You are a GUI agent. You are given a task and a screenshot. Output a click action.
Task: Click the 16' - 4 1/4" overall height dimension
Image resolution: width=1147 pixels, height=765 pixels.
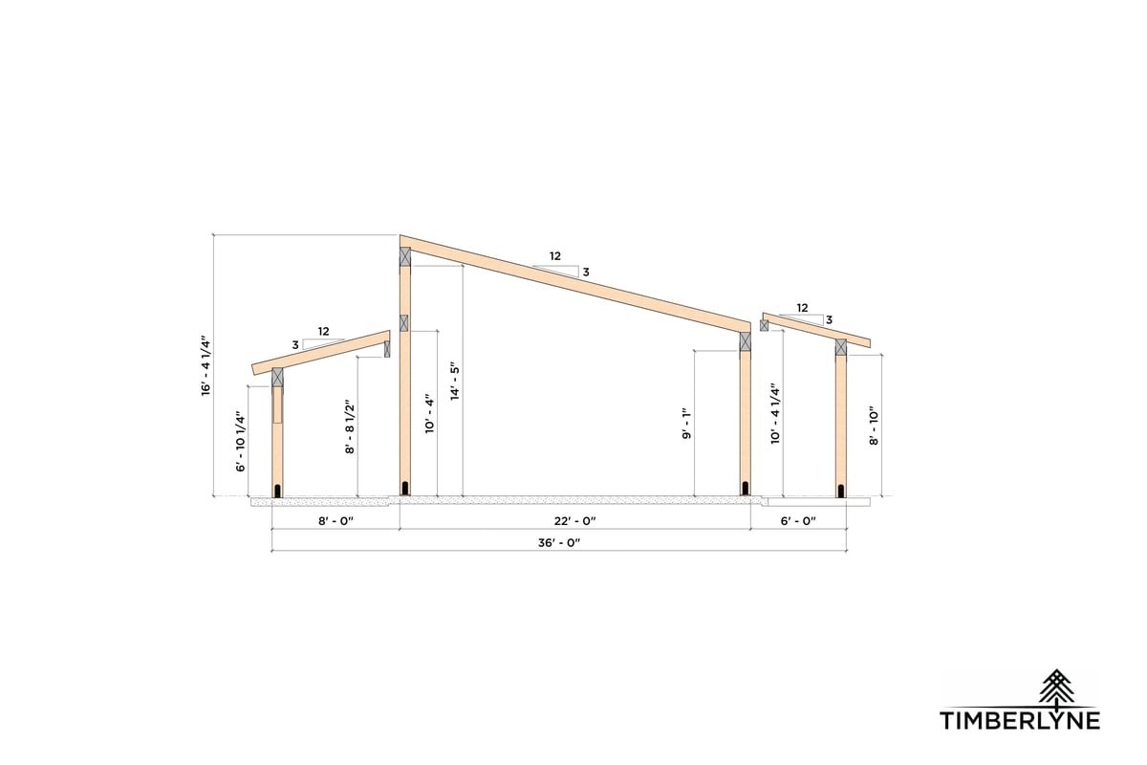tap(206, 366)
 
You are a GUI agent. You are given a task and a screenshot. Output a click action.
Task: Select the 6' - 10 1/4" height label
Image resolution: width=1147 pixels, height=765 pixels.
tap(241, 441)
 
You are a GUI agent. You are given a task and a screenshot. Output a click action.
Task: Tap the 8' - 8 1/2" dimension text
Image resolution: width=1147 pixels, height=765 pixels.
tap(350, 426)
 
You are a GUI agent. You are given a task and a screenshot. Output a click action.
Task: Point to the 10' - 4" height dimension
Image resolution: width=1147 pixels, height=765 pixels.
tap(429, 413)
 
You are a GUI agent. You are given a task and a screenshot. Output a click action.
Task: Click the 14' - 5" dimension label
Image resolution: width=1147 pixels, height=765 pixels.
tap(455, 382)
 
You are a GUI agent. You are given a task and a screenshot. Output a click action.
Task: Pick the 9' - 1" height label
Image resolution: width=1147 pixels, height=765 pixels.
tap(686, 424)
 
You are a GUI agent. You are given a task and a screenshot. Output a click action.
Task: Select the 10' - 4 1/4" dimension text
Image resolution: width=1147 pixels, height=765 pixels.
tap(775, 413)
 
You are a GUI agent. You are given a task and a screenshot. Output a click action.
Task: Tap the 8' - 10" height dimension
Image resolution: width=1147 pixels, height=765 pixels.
tap(874, 426)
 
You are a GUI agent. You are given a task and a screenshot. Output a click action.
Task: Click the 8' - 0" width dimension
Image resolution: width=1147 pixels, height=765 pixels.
tap(335, 521)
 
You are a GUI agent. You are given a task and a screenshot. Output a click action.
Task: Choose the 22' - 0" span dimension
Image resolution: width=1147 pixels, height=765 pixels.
tap(575, 521)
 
